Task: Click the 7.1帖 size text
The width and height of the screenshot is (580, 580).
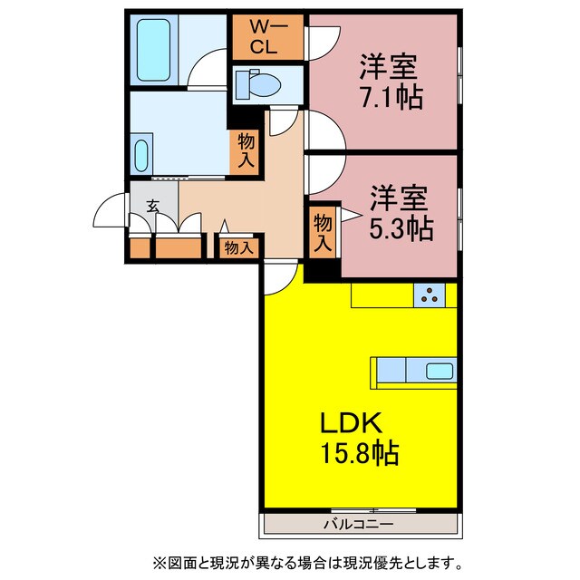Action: click(x=390, y=95)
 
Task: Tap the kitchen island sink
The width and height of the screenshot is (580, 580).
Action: click(x=440, y=370)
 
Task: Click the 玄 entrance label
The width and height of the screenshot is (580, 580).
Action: click(x=153, y=207)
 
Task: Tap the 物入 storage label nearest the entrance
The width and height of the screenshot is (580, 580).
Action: click(x=237, y=247)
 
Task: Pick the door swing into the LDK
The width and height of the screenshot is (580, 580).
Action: click(x=280, y=275)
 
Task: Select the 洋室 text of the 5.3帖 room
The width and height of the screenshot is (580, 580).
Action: click(x=399, y=197)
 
